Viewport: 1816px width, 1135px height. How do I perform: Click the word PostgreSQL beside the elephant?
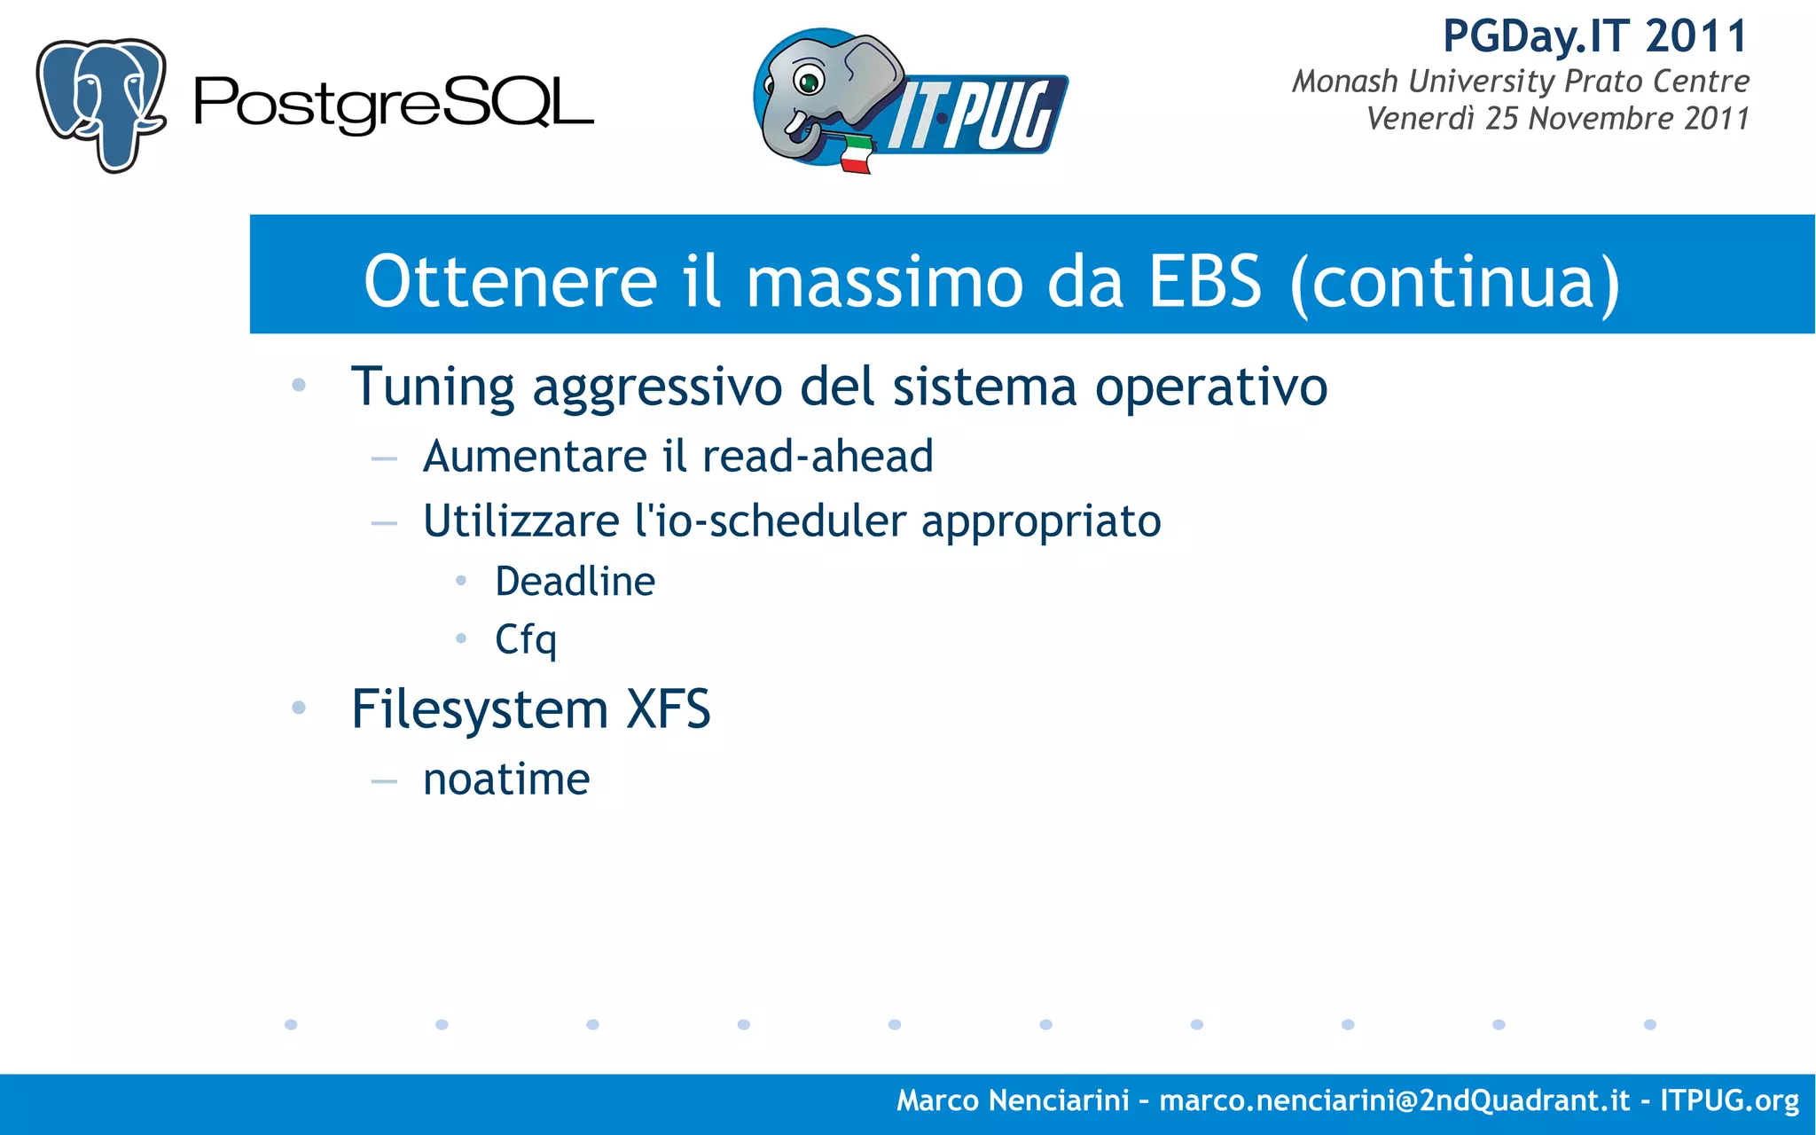click(393, 104)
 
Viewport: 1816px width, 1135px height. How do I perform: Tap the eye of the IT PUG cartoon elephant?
click(809, 82)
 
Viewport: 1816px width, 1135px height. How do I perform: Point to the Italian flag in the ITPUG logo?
click(856, 154)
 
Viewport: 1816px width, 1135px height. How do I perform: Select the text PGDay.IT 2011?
click(1594, 37)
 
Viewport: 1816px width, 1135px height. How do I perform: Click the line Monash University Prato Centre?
click(1520, 82)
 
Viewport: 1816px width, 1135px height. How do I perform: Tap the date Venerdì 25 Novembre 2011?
click(1557, 119)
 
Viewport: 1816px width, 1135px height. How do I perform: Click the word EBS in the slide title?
click(1204, 281)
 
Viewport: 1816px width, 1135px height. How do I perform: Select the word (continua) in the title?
click(1454, 282)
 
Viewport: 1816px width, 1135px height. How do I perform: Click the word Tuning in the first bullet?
click(432, 387)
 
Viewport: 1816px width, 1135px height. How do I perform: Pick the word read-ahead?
click(817, 457)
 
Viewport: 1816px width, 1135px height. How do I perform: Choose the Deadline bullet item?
click(575, 582)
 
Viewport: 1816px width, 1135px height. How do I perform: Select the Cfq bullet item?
click(525, 639)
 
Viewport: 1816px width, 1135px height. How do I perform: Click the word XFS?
click(668, 709)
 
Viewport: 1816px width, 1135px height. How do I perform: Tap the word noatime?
click(506, 780)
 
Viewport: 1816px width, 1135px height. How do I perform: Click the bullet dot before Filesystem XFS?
click(299, 708)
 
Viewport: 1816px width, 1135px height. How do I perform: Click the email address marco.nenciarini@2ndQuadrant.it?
click(1394, 1100)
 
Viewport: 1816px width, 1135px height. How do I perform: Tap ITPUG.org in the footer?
click(1729, 1100)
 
